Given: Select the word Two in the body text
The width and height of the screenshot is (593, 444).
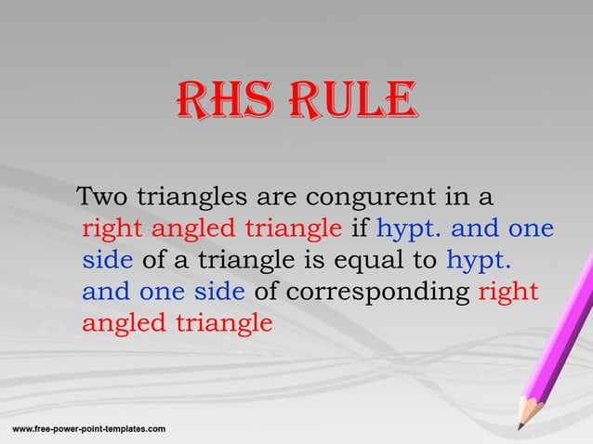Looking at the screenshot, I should coord(103,198).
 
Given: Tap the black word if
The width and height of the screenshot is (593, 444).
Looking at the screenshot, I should coord(360,229).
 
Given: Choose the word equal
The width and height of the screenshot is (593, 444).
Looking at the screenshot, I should coord(389,260).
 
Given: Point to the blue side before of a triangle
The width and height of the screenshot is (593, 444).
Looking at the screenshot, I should coord(108,260).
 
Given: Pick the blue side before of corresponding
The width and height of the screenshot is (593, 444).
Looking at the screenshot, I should coord(220,292).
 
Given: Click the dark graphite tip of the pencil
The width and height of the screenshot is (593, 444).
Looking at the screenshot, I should coord(520,427).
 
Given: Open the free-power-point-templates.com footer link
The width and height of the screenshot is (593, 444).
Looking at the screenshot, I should coord(88,428).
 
